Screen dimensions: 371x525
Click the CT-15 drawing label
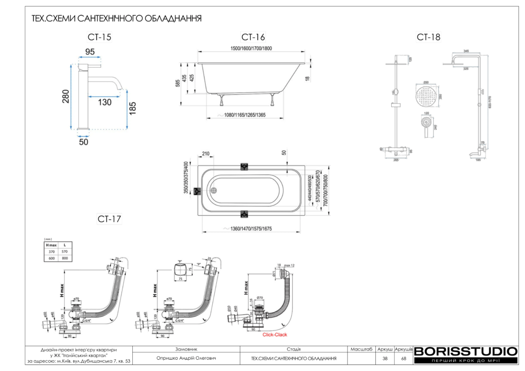(99, 37)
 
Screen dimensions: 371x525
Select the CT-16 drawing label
(253, 37)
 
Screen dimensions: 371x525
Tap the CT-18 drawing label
(428, 37)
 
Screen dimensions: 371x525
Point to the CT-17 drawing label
(109, 219)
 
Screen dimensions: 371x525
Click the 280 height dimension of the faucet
(66, 96)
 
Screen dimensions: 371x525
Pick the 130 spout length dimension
(104, 102)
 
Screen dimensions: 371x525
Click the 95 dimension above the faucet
(90, 52)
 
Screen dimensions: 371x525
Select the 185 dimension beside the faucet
(133, 109)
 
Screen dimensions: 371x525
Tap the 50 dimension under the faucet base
(84, 142)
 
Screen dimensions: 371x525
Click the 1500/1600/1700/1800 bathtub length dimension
(251, 48)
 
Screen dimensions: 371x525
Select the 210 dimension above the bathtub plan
(206, 153)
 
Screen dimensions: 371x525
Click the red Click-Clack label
(275, 335)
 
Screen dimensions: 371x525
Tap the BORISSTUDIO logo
(465, 352)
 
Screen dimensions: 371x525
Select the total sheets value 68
(403, 359)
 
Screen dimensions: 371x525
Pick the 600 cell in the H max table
(51, 258)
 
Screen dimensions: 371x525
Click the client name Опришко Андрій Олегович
(187, 359)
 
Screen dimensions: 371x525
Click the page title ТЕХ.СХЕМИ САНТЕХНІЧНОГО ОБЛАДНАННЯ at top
(116, 18)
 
